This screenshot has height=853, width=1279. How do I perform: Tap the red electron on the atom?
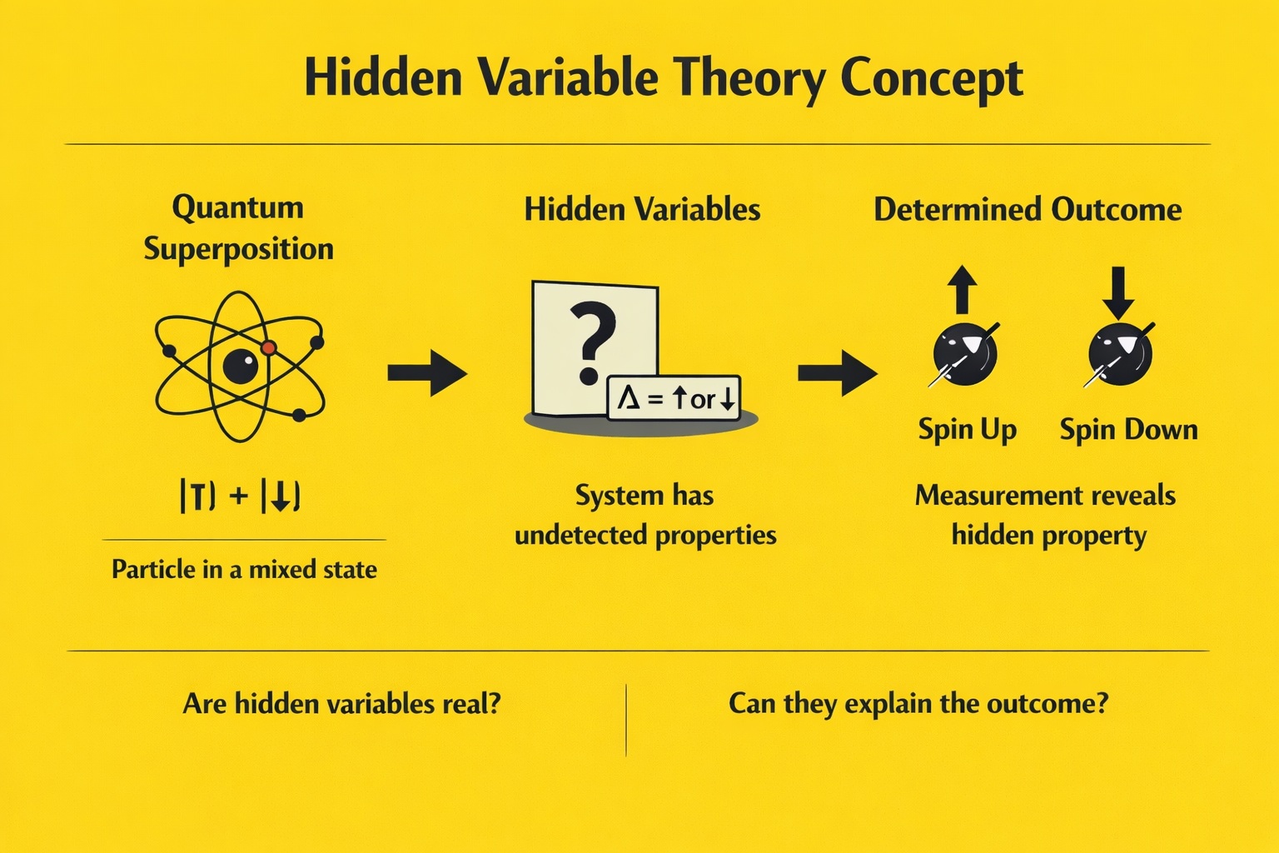click(x=269, y=347)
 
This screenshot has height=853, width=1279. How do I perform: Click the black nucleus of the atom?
click(x=241, y=367)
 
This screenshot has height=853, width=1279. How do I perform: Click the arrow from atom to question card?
click(x=427, y=373)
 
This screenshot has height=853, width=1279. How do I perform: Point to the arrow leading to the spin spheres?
click(x=838, y=373)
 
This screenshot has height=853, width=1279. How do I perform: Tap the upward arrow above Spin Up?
click(x=962, y=289)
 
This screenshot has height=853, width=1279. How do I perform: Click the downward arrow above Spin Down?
click(x=1118, y=292)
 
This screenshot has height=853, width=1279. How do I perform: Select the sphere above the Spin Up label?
click(x=965, y=354)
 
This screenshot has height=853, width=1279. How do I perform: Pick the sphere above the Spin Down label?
click(x=1120, y=354)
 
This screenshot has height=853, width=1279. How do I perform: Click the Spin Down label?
click(x=1129, y=430)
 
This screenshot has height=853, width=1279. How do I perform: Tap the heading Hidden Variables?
click(x=642, y=209)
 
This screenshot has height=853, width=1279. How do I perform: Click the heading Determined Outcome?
click(x=1028, y=209)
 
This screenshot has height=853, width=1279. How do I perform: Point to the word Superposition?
click(x=239, y=250)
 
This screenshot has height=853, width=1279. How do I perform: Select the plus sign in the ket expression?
click(x=239, y=496)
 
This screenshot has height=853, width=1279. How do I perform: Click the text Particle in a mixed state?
click(x=244, y=569)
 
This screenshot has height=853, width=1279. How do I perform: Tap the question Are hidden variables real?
click(x=341, y=703)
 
